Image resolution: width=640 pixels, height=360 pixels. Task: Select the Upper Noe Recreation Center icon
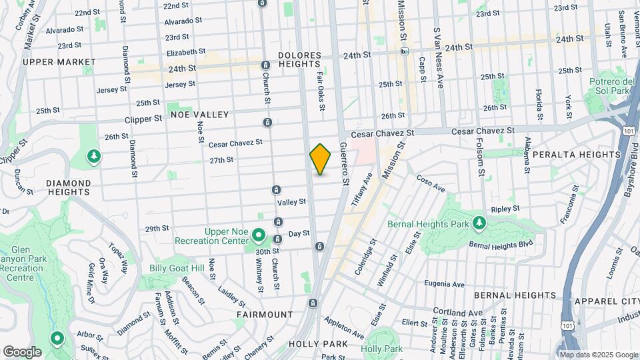pos(259,237)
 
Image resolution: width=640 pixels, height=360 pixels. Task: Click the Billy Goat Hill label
pos(177,268)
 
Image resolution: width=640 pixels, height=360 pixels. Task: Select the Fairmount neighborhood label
pos(265,314)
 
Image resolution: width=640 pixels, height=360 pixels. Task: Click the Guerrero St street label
pos(344,164)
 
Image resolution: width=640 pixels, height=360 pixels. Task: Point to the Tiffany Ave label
pos(367,190)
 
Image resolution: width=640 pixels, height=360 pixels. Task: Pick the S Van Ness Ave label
pos(438,59)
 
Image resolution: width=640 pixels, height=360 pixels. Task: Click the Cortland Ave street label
pos(457,311)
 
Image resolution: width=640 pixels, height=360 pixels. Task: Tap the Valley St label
pos(291,201)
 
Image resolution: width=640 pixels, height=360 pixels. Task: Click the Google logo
pos(22,351)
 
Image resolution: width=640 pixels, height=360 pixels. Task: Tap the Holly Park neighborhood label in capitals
pos(318,344)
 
